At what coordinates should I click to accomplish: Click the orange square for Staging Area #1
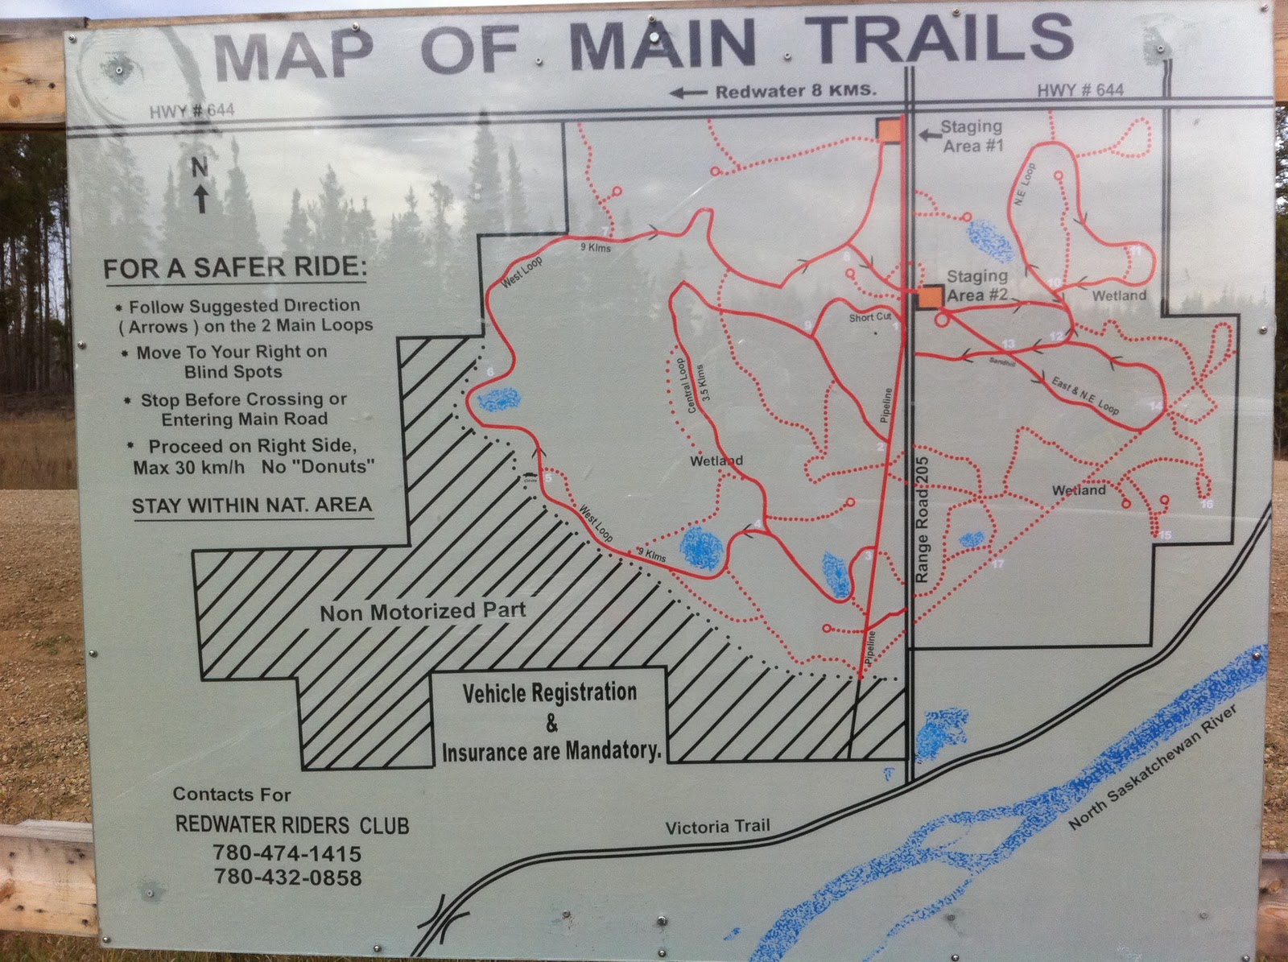[889, 131]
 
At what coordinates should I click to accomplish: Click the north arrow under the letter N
[200, 198]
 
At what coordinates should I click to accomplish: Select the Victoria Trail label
[717, 827]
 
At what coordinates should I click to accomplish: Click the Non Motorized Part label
[423, 612]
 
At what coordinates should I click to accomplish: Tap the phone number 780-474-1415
[287, 853]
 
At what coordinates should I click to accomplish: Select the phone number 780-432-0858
[287, 877]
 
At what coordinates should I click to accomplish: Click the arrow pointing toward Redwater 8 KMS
[687, 93]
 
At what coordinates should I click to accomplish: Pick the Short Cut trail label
[869, 317]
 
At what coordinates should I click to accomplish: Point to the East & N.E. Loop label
[1085, 394]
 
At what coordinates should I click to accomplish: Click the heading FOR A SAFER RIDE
[234, 267]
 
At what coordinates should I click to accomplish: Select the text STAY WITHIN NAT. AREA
[252, 506]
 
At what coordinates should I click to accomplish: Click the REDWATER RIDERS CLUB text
[292, 825]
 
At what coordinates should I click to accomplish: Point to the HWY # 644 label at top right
[1080, 90]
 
